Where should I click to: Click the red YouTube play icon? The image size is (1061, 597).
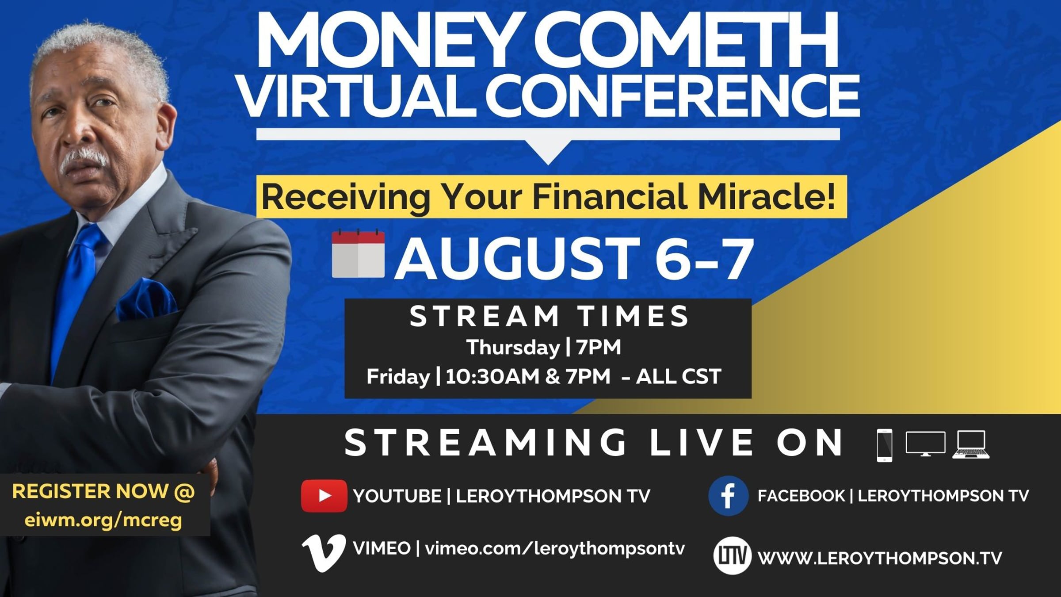324,496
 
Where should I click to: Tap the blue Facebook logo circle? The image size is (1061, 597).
728,496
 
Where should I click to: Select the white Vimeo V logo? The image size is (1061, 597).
324,553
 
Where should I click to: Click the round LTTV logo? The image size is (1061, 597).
732,556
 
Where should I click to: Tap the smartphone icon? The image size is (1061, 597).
885,445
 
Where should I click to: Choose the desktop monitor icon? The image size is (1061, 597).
926,444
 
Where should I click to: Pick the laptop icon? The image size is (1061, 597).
971,444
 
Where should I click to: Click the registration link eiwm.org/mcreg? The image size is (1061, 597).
103,520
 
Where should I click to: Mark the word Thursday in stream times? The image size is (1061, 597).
513,348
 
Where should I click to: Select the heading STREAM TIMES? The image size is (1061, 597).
549,316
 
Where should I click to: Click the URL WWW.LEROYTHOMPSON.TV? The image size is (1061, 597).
880,558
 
